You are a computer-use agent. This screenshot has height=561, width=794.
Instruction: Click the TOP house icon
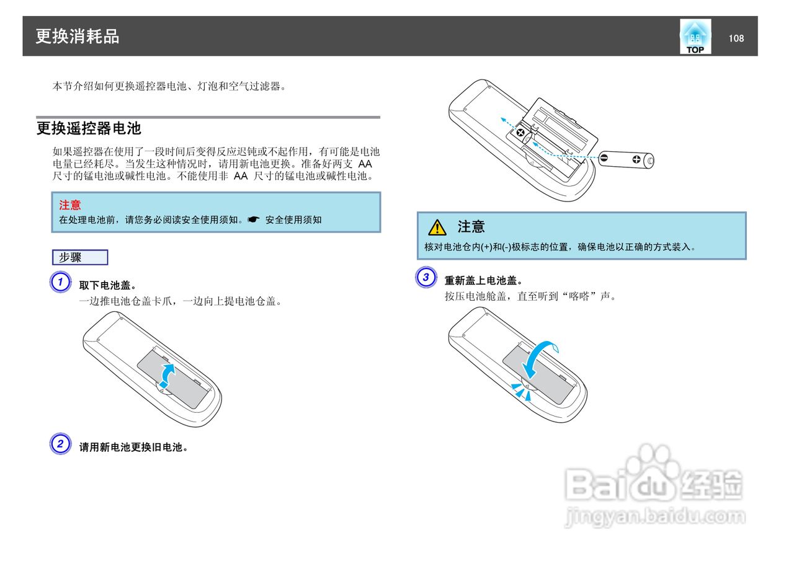(695, 37)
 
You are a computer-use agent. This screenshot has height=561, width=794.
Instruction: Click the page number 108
(736, 38)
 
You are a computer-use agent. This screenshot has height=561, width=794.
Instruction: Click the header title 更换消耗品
(77, 37)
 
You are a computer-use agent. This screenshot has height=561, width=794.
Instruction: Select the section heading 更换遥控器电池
(89, 128)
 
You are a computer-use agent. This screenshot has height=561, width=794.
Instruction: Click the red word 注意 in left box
(70, 205)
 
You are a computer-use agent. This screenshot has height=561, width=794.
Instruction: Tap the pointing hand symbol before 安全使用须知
(253, 220)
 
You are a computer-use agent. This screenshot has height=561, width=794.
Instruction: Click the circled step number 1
(60, 283)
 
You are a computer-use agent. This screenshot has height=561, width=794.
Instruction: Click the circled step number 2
(60, 444)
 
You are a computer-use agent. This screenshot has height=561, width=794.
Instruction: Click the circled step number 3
(426, 277)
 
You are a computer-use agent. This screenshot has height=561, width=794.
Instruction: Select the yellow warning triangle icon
(437, 227)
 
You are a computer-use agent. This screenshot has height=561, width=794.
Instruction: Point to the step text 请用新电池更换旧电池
(133, 447)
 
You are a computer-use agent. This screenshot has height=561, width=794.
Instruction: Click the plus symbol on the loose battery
(636, 159)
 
